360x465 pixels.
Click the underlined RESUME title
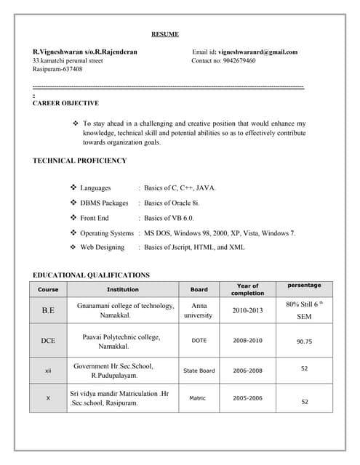coord(164,34)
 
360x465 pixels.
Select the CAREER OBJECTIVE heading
coord(66,104)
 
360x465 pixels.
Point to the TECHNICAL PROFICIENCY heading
coord(80,161)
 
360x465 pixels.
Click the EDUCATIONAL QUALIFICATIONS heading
coord(92,275)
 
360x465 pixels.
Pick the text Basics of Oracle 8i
coord(172,203)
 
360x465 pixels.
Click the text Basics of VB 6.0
coord(169,218)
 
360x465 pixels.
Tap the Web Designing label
coord(103,248)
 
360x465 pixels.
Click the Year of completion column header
coord(247,289)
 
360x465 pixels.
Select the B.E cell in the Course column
coord(48,310)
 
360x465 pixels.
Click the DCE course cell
coord(48,341)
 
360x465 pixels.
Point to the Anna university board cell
coord(199,310)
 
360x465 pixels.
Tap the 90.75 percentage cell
coord(305,341)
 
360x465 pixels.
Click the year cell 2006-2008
coord(247,371)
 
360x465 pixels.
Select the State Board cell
coord(199,371)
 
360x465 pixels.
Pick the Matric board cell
coord(198,398)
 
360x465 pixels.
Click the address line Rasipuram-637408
coord(57,70)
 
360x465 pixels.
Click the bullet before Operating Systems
coord(73,233)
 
